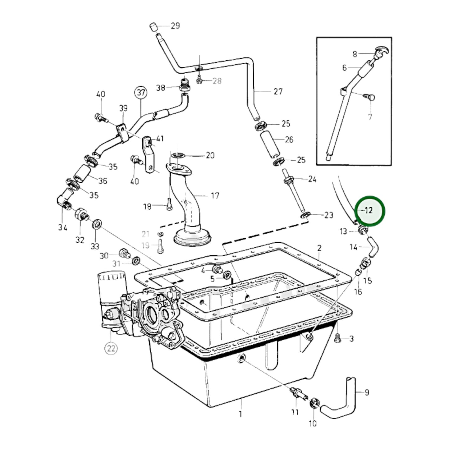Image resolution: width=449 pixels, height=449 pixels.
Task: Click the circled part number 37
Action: coord(141,93)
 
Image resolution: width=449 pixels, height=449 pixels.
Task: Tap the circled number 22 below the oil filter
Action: coord(111,349)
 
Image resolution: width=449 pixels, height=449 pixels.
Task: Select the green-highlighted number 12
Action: coord(369,211)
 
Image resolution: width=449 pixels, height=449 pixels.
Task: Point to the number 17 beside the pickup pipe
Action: coord(215,196)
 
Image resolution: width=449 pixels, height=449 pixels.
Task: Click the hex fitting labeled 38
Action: coord(185,85)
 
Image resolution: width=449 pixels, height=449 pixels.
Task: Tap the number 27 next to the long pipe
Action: coord(278,92)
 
